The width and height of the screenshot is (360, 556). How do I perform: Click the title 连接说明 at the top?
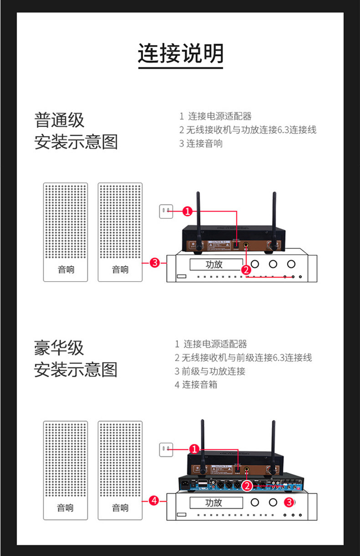pos(181,53)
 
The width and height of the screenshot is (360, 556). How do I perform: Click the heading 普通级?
pos(60,120)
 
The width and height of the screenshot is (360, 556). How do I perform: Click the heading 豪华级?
pos(59,348)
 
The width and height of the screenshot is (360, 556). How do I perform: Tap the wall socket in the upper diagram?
pos(166,211)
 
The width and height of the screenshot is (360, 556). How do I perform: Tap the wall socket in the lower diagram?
pos(166,450)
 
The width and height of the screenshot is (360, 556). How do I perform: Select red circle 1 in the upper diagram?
pos(188,211)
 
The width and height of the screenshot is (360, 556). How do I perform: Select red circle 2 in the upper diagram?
pos(246,269)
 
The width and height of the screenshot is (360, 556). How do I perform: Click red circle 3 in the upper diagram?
pos(155,263)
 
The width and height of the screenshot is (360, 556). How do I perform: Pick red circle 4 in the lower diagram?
pos(154,500)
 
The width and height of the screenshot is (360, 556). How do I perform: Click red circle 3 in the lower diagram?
pos(288,502)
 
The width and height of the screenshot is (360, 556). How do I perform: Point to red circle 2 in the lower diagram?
pos(247,485)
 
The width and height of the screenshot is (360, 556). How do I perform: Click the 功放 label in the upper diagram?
pos(214,264)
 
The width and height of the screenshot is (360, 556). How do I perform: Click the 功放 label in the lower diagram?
pos(214,502)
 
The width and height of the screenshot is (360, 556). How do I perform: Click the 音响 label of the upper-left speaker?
pos(66,269)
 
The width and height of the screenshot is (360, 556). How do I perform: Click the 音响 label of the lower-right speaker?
pos(120,508)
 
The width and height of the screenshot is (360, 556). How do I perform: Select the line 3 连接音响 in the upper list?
pos(201,143)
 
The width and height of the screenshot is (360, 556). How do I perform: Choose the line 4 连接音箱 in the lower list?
pos(196,384)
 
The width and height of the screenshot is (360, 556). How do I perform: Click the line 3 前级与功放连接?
pos(210,371)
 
